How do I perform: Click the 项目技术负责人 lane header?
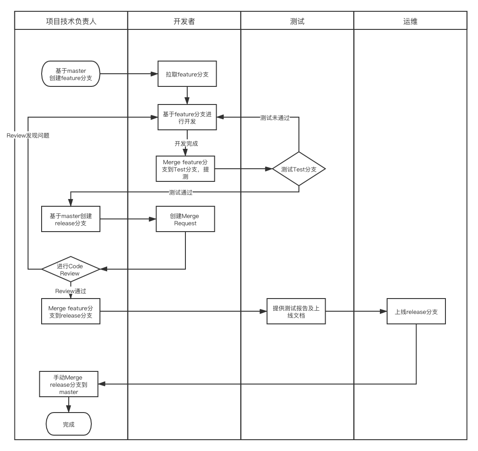[71, 21]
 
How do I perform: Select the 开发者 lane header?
[184, 21]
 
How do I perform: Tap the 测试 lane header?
[297, 21]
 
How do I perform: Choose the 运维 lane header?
[410, 21]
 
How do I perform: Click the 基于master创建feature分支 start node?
[71, 74]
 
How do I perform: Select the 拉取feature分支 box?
[187, 74]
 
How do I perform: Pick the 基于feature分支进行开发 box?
[187, 118]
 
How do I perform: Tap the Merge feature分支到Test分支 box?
[185, 169]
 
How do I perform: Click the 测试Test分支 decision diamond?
[298, 169]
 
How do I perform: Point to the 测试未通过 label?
[274, 118]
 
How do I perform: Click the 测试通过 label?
[180, 192]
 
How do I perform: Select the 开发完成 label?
[186, 143]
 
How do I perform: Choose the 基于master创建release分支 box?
[71, 219]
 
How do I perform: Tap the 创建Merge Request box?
[185, 219]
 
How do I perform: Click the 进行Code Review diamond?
[70, 270]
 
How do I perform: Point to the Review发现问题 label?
[28, 135]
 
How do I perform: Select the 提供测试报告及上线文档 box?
[296, 311]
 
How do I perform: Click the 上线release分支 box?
[416, 311]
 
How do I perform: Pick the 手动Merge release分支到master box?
[69, 385]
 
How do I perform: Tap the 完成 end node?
[69, 424]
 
